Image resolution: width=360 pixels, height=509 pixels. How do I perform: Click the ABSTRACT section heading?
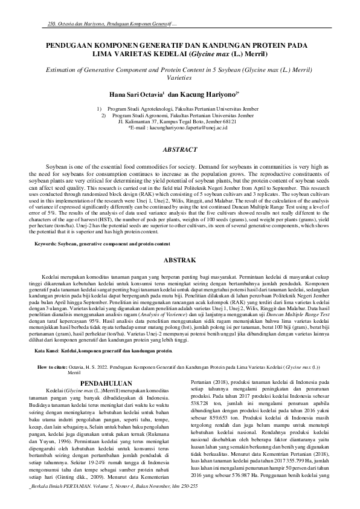pyautogui.click(x=180, y=149)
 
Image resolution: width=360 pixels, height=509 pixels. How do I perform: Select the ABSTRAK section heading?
pyautogui.click(x=180, y=259)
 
